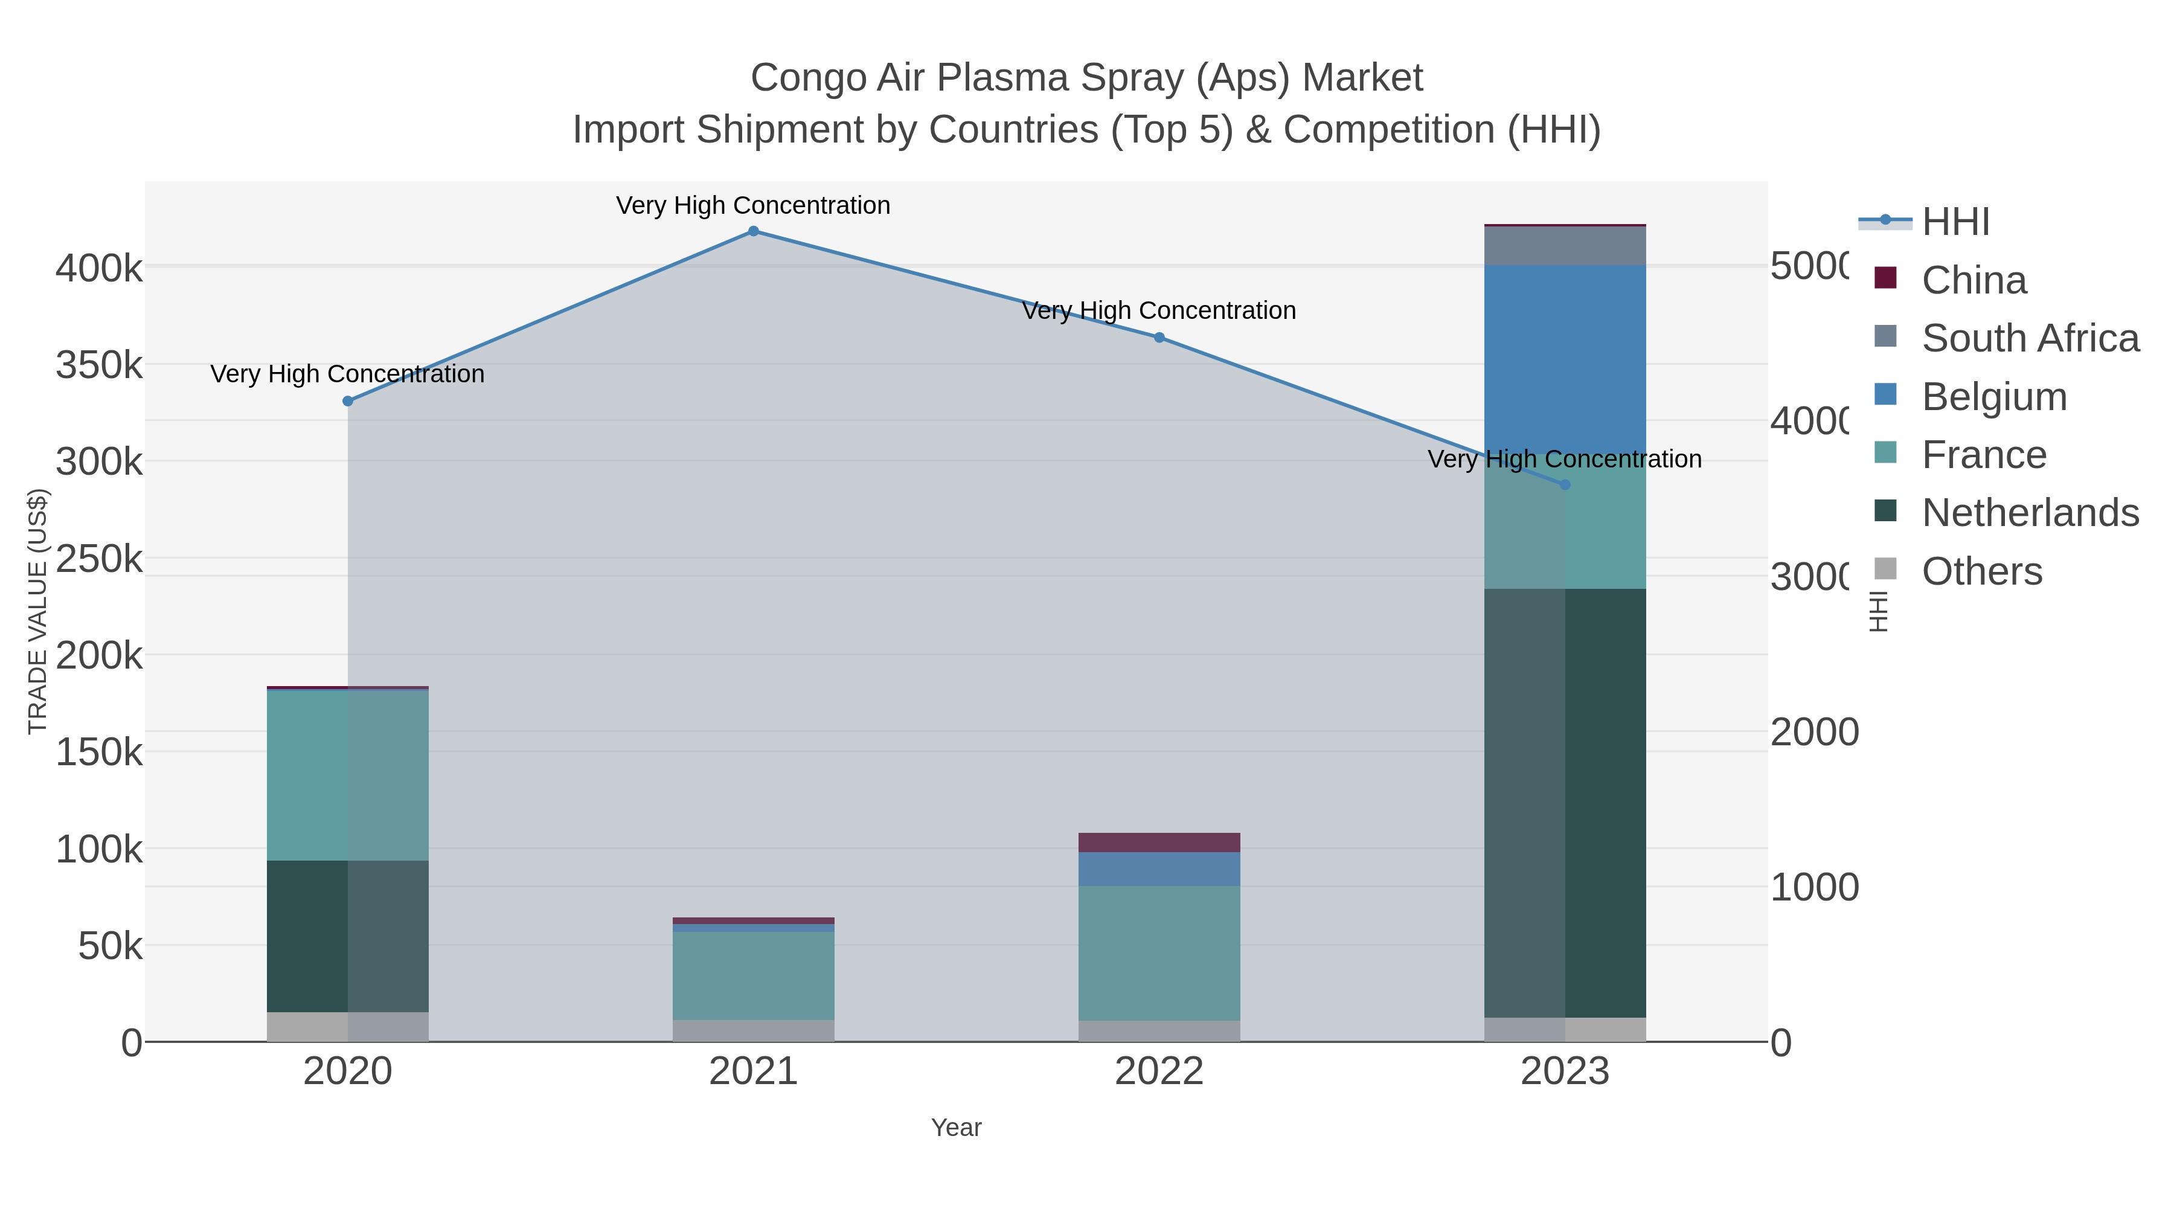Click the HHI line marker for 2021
pyautogui.click(x=754, y=231)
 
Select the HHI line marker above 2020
pyautogui.click(x=348, y=401)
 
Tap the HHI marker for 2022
pyautogui.click(x=1159, y=338)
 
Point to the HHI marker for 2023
pyautogui.click(x=1565, y=484)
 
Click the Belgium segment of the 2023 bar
pyautogui.click(x=1565, y=359)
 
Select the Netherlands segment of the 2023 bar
pyautogui.click(x=1565, y=802)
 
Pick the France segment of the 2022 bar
pyautogui.click(x=1159, y=953)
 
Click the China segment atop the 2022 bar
pyautogui.click(x=1159, y=843)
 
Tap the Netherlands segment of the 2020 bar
pyautogui.click(x=348, y=936)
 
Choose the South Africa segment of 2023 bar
pyautogui.click(x=1565, y=246)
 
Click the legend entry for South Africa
pyautogui.click(x=2030, y=338)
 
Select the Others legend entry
pyautogui.click(x=1981, y=571)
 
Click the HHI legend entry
pyautogui.click(x=1955, y=222)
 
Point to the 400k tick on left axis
pyautogui.click(x=99, y=269)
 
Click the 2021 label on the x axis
pyautogui.click(x=753, y=1072)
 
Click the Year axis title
pyautogui.click(x=956, y=1128)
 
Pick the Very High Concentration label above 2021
pyautogui.click(x=753, y=205)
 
